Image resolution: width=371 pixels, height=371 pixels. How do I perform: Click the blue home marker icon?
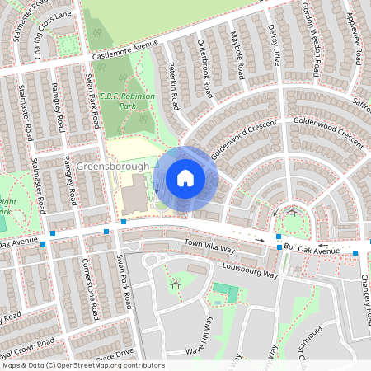[x=185, y=177]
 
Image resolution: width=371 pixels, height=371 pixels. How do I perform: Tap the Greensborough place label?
[x=114, y=167]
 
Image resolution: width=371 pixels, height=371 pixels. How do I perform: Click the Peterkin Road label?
[x=174, y=89]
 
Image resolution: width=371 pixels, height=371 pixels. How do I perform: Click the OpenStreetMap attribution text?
[x=82, y=365]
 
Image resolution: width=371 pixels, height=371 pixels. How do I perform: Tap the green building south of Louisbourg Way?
[x=224, y=292]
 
